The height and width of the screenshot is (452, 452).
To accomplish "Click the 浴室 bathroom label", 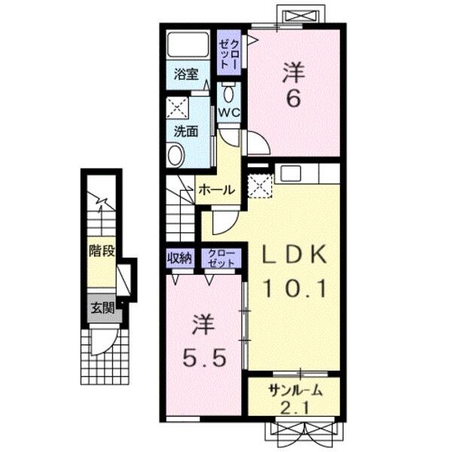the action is (186, 75).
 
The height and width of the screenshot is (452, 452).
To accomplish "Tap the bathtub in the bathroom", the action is (188, 44).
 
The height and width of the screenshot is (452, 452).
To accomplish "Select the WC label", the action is (229, 112).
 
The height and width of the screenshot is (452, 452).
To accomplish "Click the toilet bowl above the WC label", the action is (229, 92).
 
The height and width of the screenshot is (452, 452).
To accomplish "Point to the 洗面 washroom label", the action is (186, 131).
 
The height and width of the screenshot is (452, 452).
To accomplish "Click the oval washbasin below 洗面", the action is (176, 155).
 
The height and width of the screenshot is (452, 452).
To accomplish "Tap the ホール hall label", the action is (218, 190).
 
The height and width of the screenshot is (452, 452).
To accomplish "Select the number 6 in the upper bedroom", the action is (294, 99).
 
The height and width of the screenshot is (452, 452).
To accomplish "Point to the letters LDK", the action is (294, 254).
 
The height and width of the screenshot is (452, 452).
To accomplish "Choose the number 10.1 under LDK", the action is (295, 289).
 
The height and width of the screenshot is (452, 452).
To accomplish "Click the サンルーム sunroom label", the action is (295, 390).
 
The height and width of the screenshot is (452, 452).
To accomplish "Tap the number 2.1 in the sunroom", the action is (295, 408).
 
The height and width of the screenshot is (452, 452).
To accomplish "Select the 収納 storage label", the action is (179, 258).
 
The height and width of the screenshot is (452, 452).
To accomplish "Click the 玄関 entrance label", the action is (103, 308).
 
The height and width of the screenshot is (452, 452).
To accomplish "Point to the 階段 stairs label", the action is (102, 250).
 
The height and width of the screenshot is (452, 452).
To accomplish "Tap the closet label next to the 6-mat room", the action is (229, 53).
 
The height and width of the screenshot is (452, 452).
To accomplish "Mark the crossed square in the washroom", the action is (177, 108).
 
